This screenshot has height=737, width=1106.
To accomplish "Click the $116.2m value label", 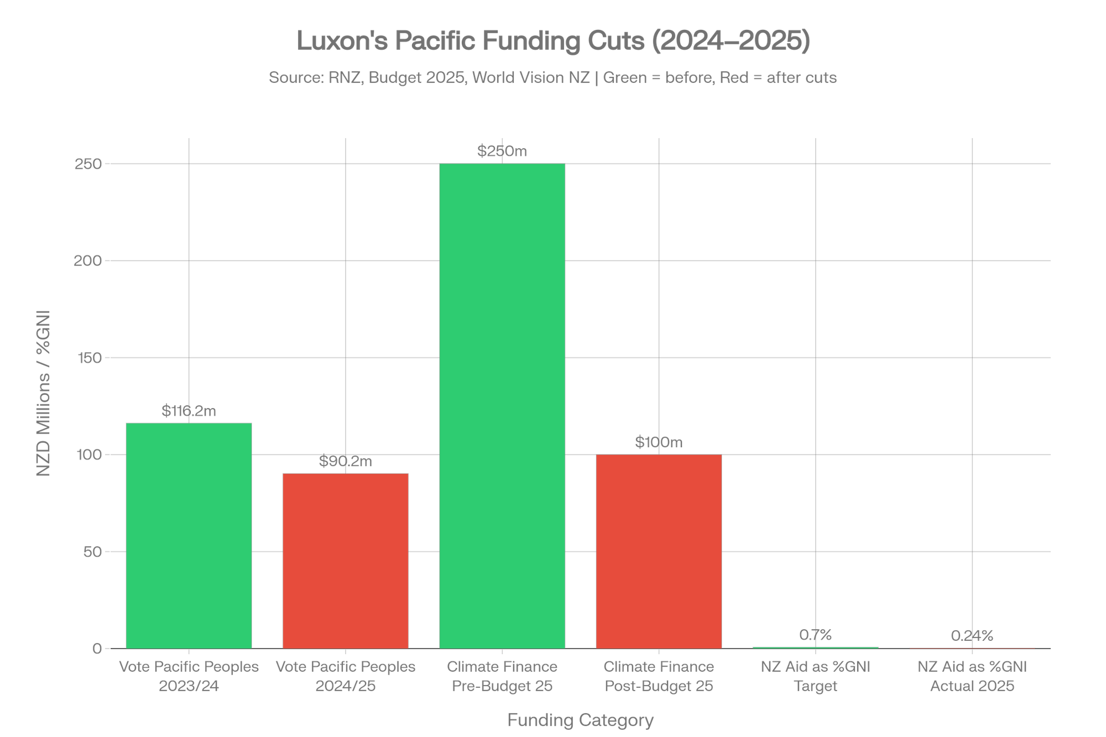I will (x=189, y=411).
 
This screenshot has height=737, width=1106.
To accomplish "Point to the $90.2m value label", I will (x=346, y=461).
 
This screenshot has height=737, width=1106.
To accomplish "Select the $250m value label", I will (x=502, y=151).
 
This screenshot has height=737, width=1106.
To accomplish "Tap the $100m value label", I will (x=659, y=442).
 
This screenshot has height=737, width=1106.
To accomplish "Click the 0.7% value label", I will (x=816, y=635).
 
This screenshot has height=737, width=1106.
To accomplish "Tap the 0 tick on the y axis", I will (x=97, y=648).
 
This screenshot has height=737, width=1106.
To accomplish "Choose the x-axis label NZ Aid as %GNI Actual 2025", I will (x=972, y=676).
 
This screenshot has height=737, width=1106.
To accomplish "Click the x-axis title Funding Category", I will (x=581, y=720).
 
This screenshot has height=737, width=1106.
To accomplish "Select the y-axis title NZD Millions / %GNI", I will (x=43, y=393).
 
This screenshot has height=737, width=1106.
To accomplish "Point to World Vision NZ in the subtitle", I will (x=531, y=77).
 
